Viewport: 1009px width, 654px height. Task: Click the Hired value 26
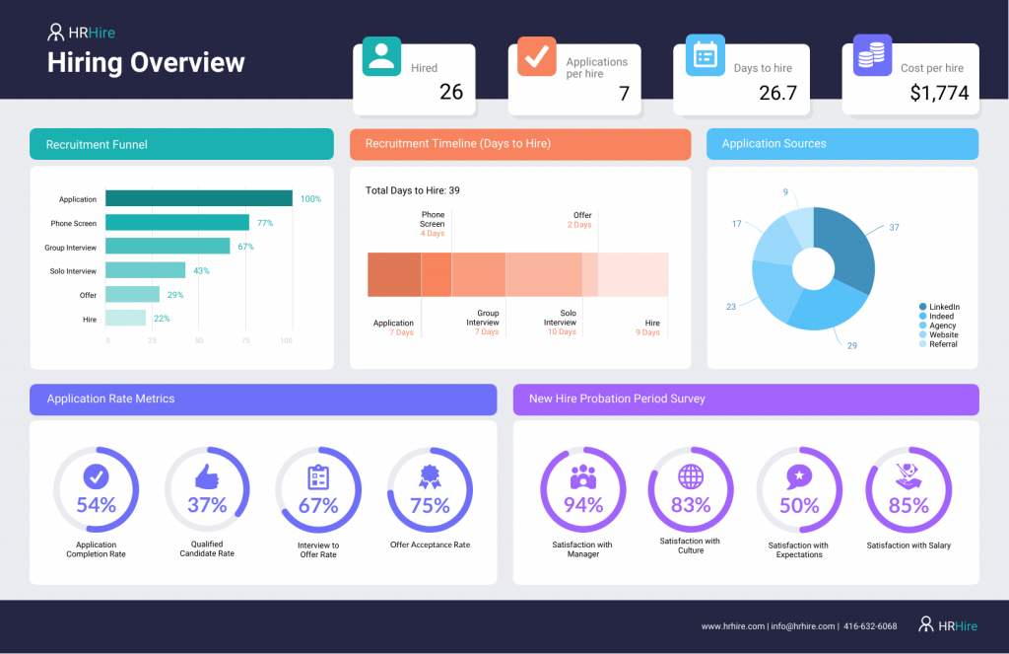[450, 93]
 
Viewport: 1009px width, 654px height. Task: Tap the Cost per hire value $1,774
[939, 94]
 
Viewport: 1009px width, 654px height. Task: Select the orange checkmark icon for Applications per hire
[536, 57]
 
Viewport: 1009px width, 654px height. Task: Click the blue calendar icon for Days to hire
[705, 54]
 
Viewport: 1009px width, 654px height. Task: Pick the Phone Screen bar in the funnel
[177, 223]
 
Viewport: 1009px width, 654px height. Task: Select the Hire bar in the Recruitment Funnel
[125, 319]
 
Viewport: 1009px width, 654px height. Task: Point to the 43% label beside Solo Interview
[202, 270]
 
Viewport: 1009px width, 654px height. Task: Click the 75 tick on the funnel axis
[245, 341]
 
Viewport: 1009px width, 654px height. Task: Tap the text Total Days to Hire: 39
[413, 190]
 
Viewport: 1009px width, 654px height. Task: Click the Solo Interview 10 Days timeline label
[561, 327]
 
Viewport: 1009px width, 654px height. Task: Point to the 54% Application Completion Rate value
[96, 506]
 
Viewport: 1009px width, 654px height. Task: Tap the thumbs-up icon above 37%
[206, 477]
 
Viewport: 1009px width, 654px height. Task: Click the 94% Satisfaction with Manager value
[582, 506]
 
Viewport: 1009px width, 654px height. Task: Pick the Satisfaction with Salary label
[908, 545]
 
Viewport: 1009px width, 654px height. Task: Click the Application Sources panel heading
[774, 144]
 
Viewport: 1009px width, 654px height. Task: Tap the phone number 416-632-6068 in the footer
[869, 626]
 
